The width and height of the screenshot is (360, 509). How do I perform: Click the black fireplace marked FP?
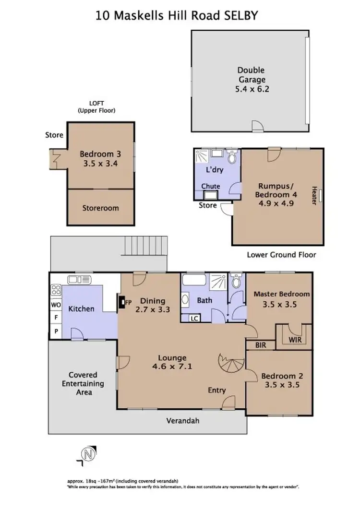click(x=122, y=303)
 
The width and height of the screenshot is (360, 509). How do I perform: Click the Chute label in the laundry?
click(x=211, y=186)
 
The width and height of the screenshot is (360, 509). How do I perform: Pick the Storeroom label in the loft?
click(x=100, y=208)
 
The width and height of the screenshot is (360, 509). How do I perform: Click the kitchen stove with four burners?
click(x=56, y=290)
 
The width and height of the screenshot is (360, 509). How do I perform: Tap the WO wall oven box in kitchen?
click(x=56, y=304)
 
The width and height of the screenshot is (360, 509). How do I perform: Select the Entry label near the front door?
click(x=216, y=390)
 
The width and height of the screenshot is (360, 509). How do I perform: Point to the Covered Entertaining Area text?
click(x=83, y=383)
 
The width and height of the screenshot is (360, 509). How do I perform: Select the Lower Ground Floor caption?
click(x=281, y=255)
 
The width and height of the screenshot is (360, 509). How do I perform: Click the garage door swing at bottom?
click(x=258, y=126)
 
